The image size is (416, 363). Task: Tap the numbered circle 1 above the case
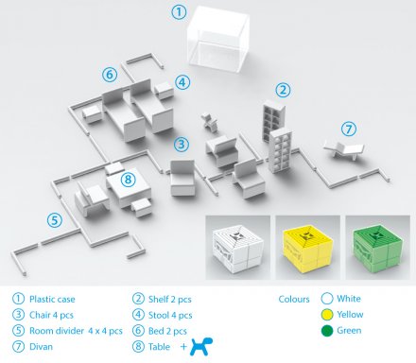179,12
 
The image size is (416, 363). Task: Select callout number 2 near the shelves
282,90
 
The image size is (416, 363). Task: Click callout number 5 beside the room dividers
55,220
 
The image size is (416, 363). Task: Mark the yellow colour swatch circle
326,314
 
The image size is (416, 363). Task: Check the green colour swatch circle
326,331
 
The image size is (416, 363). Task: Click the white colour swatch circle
326,297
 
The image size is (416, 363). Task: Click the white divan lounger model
344,148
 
